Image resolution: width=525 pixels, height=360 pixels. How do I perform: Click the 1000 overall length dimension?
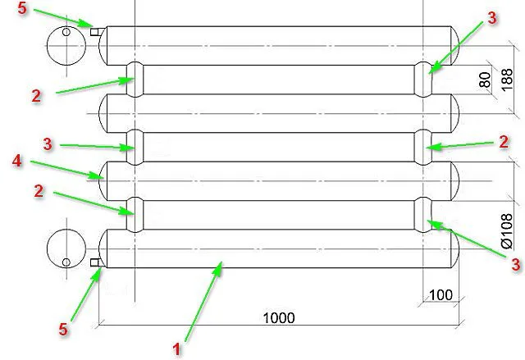tap(279, 318)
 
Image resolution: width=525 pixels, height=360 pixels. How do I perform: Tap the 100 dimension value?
tap(441, 295)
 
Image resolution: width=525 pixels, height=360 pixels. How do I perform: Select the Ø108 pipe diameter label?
tap(507, 231)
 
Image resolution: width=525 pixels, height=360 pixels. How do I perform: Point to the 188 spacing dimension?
tap(507, 80)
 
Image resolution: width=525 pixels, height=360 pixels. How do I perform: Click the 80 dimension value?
tap(485, 80)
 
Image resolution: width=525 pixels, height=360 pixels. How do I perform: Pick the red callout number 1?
tap(176, 349)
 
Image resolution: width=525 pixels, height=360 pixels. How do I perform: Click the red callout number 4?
tap(17, 161)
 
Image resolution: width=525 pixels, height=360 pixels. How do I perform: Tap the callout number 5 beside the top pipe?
tap(22, 8)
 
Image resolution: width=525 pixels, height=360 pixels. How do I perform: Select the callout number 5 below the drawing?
tap(63, 329)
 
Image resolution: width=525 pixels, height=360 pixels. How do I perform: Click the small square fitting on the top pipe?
tap(94, 31)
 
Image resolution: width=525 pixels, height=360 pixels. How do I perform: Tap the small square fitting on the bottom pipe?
tap(95, 262)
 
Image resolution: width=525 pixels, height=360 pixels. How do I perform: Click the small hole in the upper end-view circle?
tap(66, 32)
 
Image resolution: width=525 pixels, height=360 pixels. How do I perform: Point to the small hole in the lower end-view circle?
tap(66, 262)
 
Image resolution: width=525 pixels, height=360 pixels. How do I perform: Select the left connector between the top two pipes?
tap(135, 80)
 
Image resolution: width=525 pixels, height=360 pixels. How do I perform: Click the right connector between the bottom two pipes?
tap(423, 215)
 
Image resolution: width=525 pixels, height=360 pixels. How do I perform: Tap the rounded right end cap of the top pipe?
tap(455, 45)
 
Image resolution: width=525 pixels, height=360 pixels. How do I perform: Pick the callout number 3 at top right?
tap(492, 18)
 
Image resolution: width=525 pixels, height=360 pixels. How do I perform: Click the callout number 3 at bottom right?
tap(516, 264)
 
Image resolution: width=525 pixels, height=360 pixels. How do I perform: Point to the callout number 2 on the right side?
tap(504, 142)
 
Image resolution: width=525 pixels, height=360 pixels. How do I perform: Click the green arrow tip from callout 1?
tap(221, 262)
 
